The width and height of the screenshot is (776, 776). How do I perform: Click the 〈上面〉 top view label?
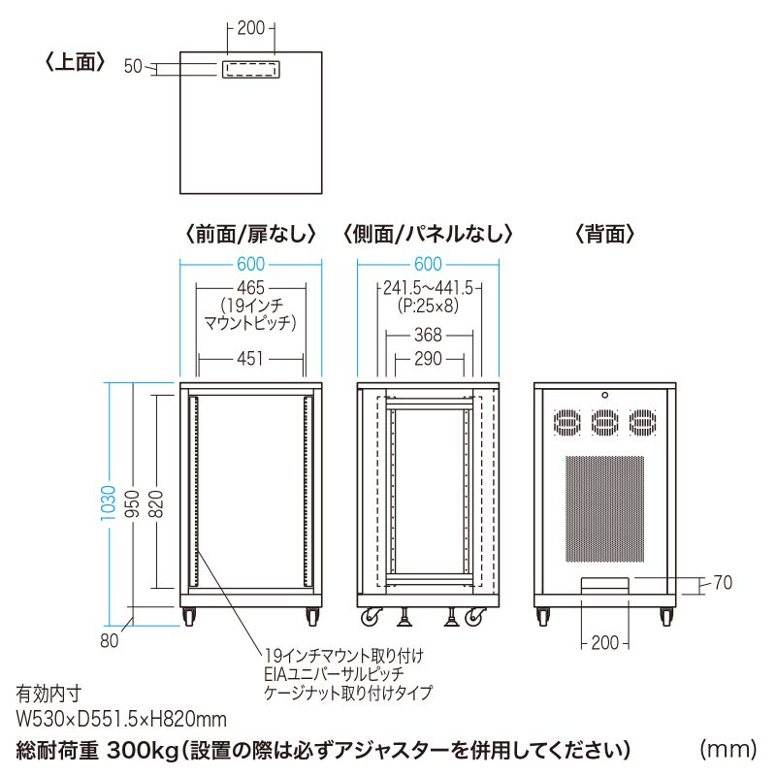pos(74,64)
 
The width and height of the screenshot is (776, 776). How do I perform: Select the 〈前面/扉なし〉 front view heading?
pos(249,234)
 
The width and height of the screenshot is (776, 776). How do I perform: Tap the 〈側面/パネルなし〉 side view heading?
pos(427,234)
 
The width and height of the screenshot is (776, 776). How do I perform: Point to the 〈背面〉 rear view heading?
pos(605,234)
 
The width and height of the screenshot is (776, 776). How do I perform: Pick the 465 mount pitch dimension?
pos(251,287)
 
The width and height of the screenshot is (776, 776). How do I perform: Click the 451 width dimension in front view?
pos(251,359)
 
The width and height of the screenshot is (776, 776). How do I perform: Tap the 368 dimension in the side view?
pos(428,335)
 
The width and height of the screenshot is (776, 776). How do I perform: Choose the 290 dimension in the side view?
pos(428,359)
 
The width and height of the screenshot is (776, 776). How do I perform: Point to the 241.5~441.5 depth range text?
pos(428,287)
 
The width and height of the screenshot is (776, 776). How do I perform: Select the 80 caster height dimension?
pos(108,640)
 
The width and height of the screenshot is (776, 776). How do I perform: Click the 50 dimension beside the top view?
pos(134,66)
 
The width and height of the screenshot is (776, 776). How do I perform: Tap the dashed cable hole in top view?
pos(251,71)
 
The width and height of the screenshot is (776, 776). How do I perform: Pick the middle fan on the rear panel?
pos(604,423)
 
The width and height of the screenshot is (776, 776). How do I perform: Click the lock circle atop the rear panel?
pos(604,395)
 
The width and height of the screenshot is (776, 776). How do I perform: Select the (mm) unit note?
pos(727,750)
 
